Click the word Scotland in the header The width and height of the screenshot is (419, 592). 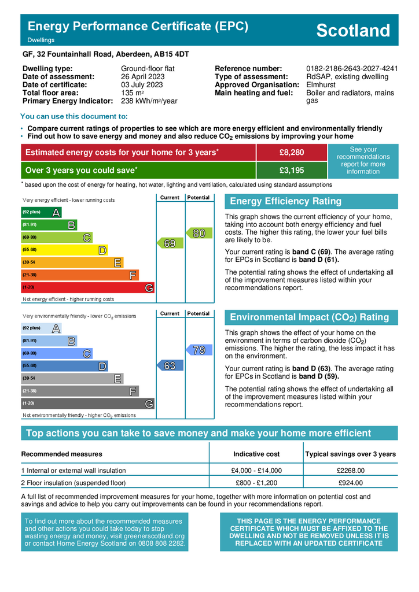click(x=353, y=31)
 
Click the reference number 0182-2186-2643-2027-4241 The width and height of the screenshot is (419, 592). click(x=352, y=69)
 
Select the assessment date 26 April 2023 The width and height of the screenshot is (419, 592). click(x=143, y=77)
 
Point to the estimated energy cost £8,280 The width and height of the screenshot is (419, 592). click(x=291, y=153)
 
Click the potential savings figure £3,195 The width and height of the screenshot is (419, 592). click(x=291, y=170)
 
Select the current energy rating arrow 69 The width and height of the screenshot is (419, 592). click(x=170, y=244)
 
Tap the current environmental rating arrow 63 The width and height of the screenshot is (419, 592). click(x=170, y=365)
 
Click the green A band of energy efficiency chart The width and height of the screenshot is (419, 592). click(x=41, y=213)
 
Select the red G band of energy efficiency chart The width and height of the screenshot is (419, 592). click(x=87, y=287)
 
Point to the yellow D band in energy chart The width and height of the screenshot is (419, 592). click(x=64, y=250)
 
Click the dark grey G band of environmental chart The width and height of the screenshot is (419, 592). click(x=87, y=404)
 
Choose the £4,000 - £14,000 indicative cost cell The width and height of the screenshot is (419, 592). click(x=256, y=471)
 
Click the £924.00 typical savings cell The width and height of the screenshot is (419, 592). click(x=350, y=483)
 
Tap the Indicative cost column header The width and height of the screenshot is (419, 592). click(x=256, y=454)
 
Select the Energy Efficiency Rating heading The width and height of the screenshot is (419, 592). click(x=286, y=201)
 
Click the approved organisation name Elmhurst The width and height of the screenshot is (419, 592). click(x=320, y=85)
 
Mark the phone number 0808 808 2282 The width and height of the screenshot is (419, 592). click(x=161, y=544)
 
